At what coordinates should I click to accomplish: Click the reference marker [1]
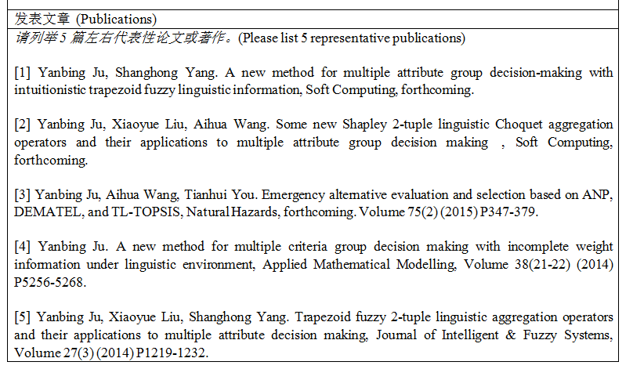[22, 73]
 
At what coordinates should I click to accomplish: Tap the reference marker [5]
[22, 317]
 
